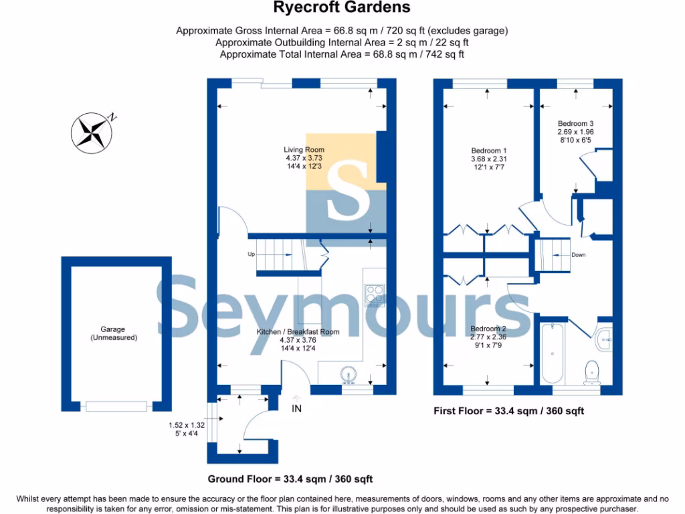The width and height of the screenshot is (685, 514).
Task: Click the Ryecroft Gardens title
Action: click(x=342, y=9)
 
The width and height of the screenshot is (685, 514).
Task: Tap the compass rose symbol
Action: click(x=91, y=131)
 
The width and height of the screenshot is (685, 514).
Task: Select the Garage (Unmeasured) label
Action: click(x=114, y=334)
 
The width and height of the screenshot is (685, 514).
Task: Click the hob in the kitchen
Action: click(x=373, y=294)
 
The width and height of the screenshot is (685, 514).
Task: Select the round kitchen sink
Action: click(x=348, y=375)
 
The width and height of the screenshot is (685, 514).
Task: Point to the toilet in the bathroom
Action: click(x=592, y=371)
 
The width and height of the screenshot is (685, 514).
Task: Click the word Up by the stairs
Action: click(x=252, y=254)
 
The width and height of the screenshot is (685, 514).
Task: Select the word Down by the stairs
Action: click(x=579, y=255)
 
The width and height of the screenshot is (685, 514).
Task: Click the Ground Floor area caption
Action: click(x=290, y=479)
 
